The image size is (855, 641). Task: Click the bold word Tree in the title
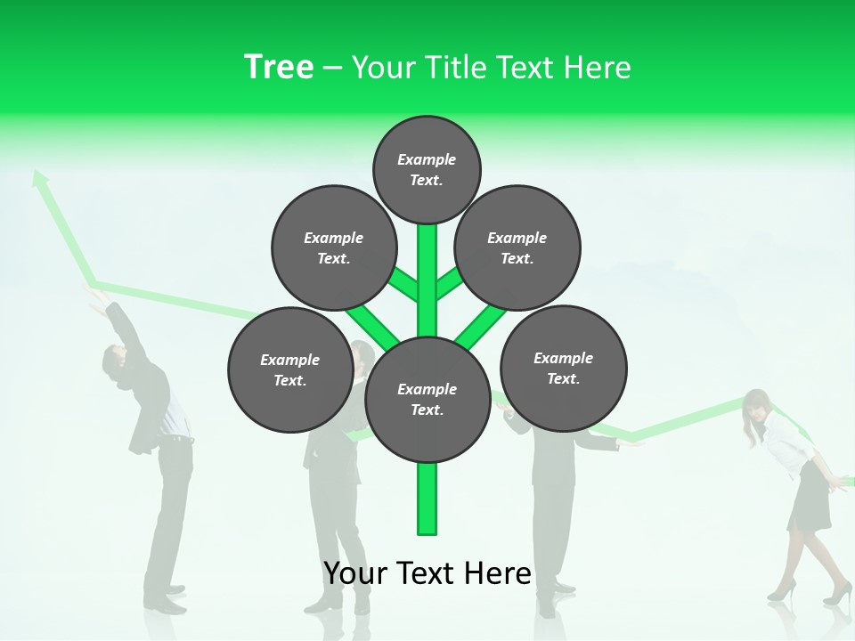279,68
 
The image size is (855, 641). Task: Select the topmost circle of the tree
427,169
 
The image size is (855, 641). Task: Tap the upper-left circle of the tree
334,247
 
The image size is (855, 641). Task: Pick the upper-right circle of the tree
517,247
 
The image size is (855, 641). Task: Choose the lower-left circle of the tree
290,369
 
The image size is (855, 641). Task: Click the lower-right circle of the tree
563,368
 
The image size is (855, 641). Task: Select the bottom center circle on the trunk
427,399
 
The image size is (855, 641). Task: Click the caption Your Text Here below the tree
427,573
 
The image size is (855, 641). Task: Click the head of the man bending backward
113,361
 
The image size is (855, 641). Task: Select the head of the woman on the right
757,406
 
